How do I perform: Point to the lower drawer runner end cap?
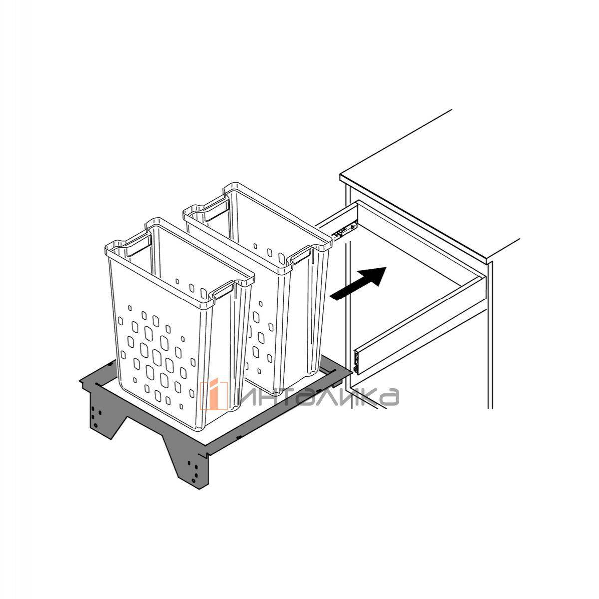pyautogui.click(x=357, y=362)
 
